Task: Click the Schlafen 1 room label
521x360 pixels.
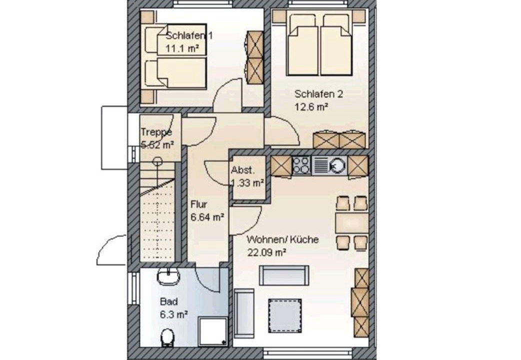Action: pyautogui.click(x=189, y=35)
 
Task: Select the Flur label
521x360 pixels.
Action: pyautogui.click(x=198, y=204)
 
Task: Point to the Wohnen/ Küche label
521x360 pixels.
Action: pyautogui.click(x=283, y=239)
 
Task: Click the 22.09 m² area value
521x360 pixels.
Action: pyautogui.click(x=266, y=252)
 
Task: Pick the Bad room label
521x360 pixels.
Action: pyautogui.click(x=169, y=302)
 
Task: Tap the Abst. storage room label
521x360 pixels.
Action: pyautogui.click(x=243, y=170)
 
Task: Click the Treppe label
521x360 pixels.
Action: pyautogui.click(x=156, y=132)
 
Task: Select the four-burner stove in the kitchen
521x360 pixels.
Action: pyautogui.click(x=301, y=165)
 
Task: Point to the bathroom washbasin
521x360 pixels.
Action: pyautogui.click(x=168, y=276)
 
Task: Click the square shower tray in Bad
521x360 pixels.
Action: pyautogui.click(x=213, y=331)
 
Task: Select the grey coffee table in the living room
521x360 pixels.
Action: pyautogui.click(x=285, y=315)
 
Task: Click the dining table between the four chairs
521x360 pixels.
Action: pyautogui.click(x=352, y=223)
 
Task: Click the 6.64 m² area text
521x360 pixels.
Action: pyautogui.click(x=207, y=217)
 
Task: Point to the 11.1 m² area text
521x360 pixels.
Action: pyautogui.click(x=182, y=48)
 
